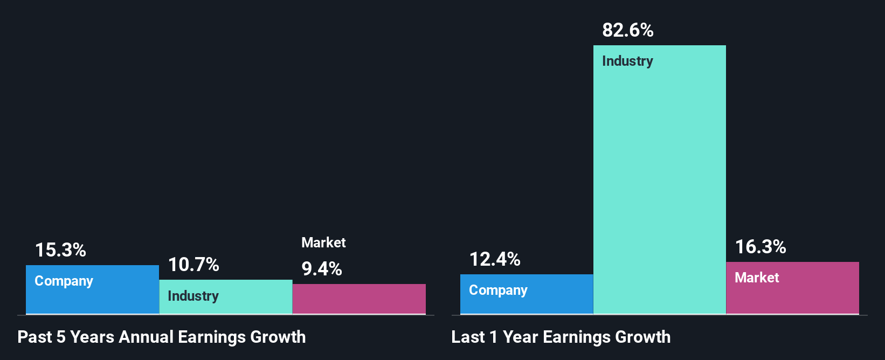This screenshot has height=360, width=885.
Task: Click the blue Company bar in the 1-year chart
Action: pyautogui.click(x=527, y=302)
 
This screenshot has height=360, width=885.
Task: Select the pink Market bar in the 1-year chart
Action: pyautogui.click(x=792, y=296)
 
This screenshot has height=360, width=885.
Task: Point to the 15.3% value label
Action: pyautogui.click(x=60, y=250)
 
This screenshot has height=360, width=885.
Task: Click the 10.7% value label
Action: pyautogui.click(x=193, y=265)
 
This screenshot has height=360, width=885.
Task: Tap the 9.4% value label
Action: pyautogui.click(x=322, y=269)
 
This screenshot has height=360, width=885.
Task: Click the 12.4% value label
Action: pyautogui.click(x=495, y=259)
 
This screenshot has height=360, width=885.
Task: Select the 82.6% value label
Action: pyautogui.click(x=627, y=30)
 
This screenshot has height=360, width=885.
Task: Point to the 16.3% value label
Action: pyautogui.click(x=760, y=247)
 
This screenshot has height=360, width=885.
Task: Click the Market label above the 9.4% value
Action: pyautogui.click(x=323, y=243)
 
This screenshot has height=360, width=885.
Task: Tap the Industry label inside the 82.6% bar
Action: pyautogui.click(x=627, y=61)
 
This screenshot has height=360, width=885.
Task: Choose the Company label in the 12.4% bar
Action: pyautogui.click(x=498, y=290)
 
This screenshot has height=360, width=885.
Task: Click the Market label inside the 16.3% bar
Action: pyautogui.click(x=757, y=278)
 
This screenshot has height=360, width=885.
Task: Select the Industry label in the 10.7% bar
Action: pyautogui.click(x=193, y=296)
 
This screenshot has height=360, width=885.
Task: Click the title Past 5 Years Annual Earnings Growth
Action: pyautogui.click(x=162, y=337)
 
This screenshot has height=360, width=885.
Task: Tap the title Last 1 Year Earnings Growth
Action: pyautogui.click(x=561, y=337)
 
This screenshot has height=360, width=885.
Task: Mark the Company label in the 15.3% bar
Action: pyautogui.click(x=64, y=281)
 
